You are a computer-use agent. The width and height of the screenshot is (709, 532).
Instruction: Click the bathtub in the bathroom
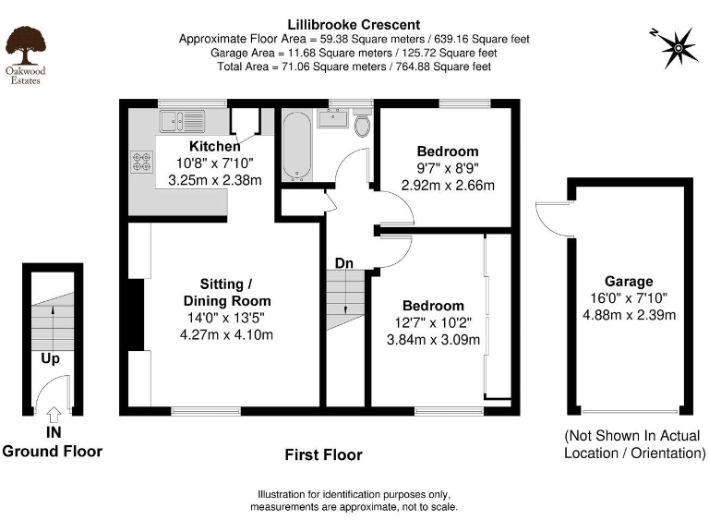[x=295, y=146]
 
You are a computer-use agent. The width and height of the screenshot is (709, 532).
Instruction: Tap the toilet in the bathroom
[x=362, y=126]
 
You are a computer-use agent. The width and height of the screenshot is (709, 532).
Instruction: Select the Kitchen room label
[x=214, y=146]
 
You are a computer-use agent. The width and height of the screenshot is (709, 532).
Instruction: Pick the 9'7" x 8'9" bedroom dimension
[x=448, y=168]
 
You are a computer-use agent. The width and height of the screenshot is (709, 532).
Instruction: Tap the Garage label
[x=629, y=282]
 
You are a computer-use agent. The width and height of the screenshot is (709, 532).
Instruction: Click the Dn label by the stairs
[x=343, y=263]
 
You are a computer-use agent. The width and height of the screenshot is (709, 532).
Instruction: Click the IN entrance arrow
[x=53, y=416]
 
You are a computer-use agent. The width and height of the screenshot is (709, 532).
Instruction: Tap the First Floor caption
[x=324, y=454]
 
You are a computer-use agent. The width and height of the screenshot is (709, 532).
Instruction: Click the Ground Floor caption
[x=52, y=451]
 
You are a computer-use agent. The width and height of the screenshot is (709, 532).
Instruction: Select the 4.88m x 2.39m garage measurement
[x=629, y=315]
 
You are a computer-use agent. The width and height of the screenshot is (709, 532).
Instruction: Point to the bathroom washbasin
[x=331, y=119]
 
